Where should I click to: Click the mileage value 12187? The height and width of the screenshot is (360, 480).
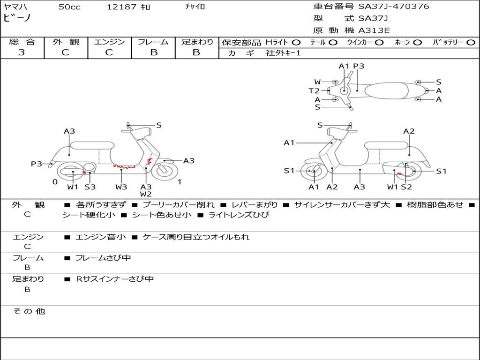(x=121, y=7)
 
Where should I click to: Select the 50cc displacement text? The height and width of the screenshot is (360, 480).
(x=69, y=7)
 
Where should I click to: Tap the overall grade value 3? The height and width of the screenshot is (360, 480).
(x=21, y=52)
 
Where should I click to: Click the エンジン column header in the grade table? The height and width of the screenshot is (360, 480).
(x=109, y=42)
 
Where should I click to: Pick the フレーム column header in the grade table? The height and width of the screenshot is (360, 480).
(x=153, y=42)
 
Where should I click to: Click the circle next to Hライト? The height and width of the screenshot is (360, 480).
(x=296, y=42)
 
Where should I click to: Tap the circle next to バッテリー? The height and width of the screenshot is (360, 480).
(x=470, y=42)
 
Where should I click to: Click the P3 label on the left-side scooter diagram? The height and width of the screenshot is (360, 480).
(x=37, y=164)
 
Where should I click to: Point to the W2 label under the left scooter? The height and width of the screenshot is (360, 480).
(x=146, y=194)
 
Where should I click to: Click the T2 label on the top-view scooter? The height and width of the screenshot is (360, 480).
(x=314, y=91)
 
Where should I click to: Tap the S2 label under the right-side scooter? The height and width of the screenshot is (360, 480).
(x=406, y=187)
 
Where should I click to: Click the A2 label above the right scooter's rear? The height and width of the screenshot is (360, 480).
(x=409, y=131)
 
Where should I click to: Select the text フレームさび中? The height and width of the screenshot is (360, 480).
(x=103, y=258)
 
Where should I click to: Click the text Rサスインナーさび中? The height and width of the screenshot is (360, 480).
(x=115, y=279)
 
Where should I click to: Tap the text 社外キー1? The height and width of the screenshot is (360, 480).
(x=283, y=53)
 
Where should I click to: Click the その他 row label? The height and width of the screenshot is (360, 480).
(x=29, y=311)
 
